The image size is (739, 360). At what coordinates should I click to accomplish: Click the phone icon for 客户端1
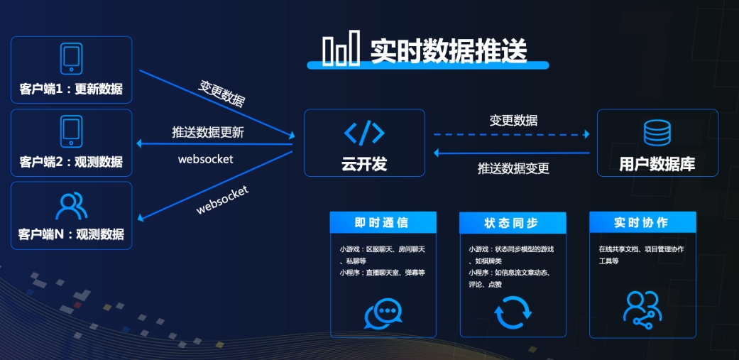(71, 59)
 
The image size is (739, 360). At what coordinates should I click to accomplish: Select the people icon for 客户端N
(71, 205)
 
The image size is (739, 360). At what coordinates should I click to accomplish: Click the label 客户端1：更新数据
(71, 90)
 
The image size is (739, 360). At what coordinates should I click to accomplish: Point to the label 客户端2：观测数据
(71, 162)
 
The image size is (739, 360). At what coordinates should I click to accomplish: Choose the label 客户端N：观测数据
(71, 234)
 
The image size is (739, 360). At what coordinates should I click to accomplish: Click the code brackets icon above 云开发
(364, 133)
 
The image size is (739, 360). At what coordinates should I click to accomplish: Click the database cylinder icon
(657, 133)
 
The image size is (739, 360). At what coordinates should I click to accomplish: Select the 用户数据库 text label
(657, 165)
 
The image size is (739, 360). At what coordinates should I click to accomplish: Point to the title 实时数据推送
(449, 50)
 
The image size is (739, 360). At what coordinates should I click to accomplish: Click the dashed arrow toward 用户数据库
(511, 133)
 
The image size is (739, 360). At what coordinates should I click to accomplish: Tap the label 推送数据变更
(513, 169)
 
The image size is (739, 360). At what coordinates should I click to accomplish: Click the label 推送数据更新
(208, 133)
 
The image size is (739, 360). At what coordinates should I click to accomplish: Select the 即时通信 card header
(383, 223)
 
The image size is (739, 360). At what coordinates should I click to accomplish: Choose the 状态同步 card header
(513, 223)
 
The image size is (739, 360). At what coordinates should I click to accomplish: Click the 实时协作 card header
(642, 223)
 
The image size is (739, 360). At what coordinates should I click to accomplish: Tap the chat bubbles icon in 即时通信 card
(383, 313)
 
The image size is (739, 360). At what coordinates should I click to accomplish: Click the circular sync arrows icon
(513, 312)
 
